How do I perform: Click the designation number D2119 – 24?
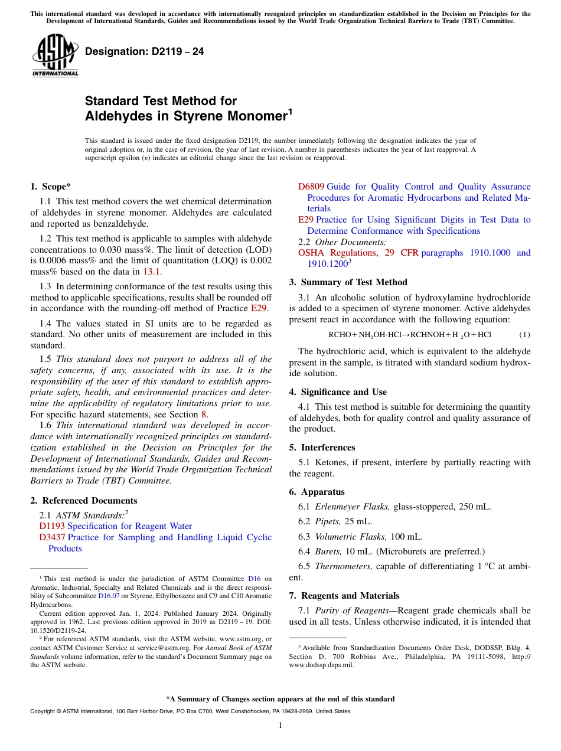(144, 52)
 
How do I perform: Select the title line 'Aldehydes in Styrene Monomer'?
(185, 116)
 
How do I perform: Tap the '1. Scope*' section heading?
(51, 187)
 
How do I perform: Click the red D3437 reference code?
(52, 537)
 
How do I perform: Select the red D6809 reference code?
(311, 187)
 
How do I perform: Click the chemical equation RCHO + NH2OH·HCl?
(409, 335)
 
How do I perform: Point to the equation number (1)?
(524, 335)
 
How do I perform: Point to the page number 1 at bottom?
(280, 726)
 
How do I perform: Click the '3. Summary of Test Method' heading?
(348, 282)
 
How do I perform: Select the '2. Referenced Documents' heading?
(83, 501)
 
